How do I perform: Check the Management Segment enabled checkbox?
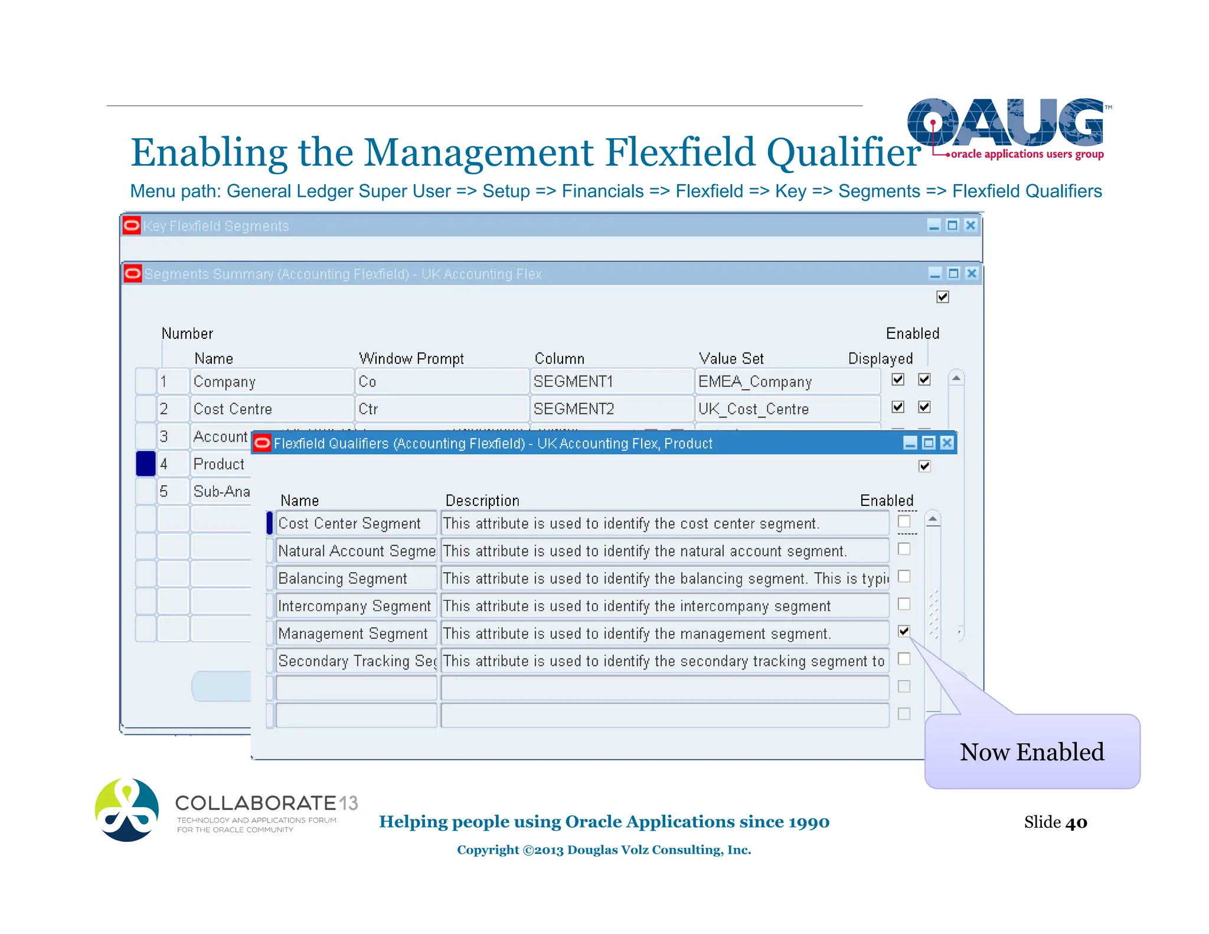click(904, 631)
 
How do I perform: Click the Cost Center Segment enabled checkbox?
click(904, 521)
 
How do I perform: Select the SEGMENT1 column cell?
click(610, 381)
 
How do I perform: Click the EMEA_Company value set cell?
click(786, 381)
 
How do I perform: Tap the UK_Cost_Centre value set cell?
click(786, 409)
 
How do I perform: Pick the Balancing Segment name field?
click(356, 579)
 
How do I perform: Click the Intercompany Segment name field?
click(356, 606)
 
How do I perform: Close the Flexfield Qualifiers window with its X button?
click(947, 443)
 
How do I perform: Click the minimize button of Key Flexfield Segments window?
click(934, 226)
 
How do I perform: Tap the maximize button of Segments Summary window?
click(953, 273)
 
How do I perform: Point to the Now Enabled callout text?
click(1031, 752)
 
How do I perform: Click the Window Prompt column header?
click(411, 358)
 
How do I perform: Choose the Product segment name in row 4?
click(219, 464)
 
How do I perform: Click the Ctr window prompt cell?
click(440, 409)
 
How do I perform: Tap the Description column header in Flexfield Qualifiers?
click(482, 501)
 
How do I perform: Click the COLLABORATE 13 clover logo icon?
click(127, 810)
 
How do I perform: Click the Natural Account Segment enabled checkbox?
click(904, 549)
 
